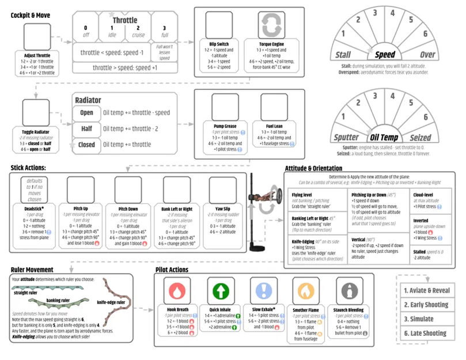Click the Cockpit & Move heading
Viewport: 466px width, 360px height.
(x=30, y=14)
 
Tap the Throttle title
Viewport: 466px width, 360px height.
(x=125, y=20)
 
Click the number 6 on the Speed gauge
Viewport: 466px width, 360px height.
(x=426, y=34)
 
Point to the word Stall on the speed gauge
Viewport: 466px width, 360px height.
(x=344, y=55)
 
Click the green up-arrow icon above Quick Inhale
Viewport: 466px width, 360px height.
(x=220, y=290)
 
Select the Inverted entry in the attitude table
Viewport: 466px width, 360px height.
(x=422, y=221)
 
